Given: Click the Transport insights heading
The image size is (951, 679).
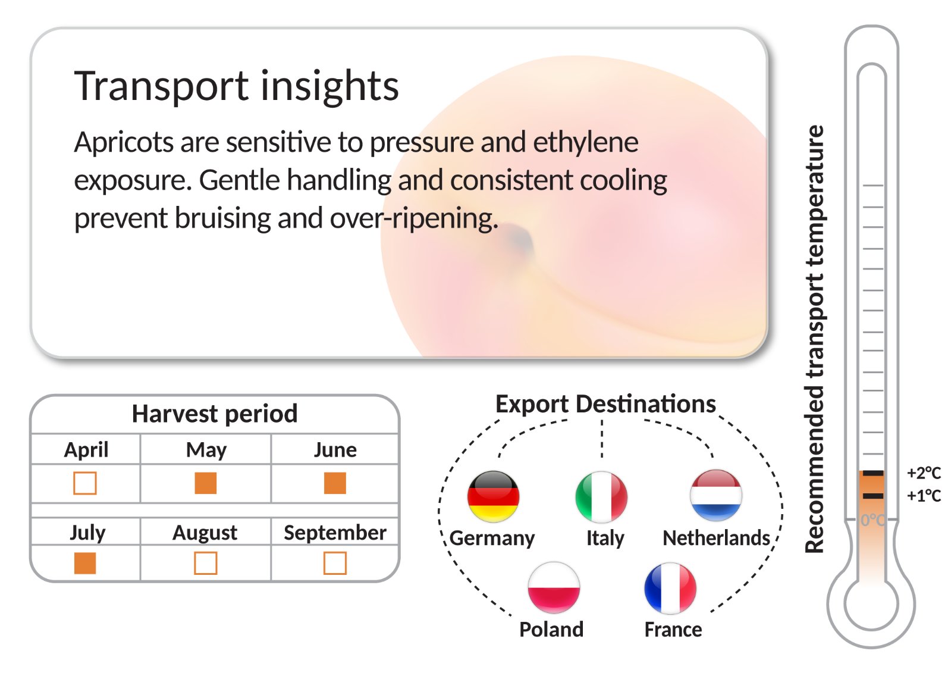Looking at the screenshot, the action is pyautogui.click(x=236, y=86).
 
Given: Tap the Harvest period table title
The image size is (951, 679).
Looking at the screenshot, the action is pyautogui.click(x=214, y=414).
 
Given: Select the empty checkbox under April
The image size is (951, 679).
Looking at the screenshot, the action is pyautogui.click(x=85, y=483).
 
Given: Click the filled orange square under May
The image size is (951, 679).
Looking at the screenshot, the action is pyautogui.click(x=205, y=483).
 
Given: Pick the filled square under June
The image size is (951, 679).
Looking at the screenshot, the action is pyautogui.click(x=335, y=483).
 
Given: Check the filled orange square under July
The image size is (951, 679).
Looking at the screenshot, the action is pyautogui.click(x=85, y=563).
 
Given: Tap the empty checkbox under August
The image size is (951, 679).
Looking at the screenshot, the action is pyautogui.click(x=205, y=563).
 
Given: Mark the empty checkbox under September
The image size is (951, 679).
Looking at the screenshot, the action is pyautogui.click(x=335, y=563).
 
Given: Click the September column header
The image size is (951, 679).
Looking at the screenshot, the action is pyautogui.click(x=335, y=533).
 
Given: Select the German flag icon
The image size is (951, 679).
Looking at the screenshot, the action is pyautogui.click(x=493, y=496).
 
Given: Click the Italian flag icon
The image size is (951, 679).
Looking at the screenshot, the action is pyautogui.click(x=601, y=497).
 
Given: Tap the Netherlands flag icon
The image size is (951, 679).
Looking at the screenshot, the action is pyautogui.click(x=716, y=496).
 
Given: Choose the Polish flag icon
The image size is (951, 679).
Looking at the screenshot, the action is pyautogui.click(x=554, y=587).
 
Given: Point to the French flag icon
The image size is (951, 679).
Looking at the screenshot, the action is pyautogui.click(x=670, y=589).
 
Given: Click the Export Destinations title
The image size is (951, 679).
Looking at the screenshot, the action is pyautogui.click(x=605, y=405).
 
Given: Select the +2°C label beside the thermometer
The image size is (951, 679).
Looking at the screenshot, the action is pyautogui.click(x=924, y=473).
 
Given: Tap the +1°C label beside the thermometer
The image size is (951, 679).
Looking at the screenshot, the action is pyautogui.click(x=924, y=496).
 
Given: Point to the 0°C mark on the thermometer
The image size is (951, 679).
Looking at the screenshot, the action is pyautogui.click(x=873, y=520).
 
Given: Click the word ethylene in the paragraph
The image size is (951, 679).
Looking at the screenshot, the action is pyautogui.click(x=585, y=143).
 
